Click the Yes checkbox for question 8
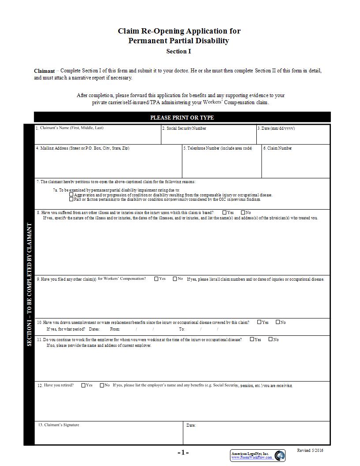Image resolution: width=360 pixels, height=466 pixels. [x=225, y=212]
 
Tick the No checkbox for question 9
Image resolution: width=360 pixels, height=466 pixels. [x=175, y=278]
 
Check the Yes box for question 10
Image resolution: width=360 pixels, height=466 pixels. [x=259, y=322]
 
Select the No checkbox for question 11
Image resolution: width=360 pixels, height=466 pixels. [x=270, y=339]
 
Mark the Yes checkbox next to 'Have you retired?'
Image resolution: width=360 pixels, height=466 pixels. [x=83, y=385]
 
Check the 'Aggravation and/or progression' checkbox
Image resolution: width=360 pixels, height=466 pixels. [x=72, y=195]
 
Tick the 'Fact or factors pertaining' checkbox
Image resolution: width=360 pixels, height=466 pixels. [x=72, y=199]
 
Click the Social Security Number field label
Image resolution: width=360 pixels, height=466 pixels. [x=184, y=128]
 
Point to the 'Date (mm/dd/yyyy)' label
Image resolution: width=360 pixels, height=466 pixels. [x=276, y=128]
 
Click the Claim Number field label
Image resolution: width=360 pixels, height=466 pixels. [x=277, y=148]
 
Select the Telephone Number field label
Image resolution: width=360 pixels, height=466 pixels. [x=217, y=148]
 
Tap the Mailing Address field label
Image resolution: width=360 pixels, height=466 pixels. [x=82, y=148]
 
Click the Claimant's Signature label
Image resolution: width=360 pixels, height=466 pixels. [x=59, y=425]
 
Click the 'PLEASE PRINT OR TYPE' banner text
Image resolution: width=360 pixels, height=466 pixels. [x=182, y=117]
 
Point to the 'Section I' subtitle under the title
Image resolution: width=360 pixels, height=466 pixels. [x=179, y=52]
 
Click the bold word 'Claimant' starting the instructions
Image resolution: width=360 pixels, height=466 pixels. [x=44, y=71]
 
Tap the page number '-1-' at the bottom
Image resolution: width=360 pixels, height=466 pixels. [x=183, y=453]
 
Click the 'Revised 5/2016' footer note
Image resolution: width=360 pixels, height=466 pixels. [x=310, y=451]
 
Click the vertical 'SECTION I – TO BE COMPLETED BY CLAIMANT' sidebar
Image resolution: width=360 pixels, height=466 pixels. [x=29, y=285]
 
